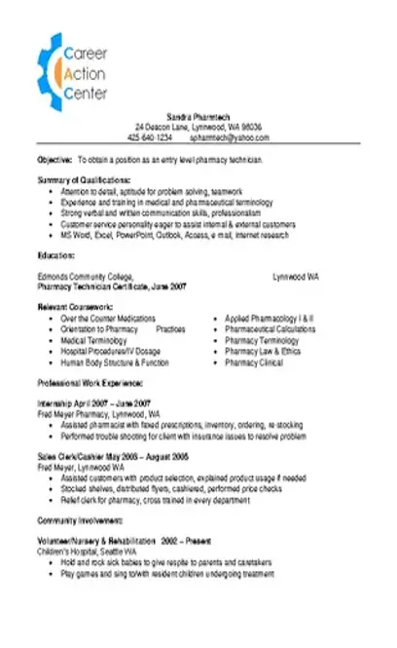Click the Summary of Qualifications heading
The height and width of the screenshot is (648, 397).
[x=83, y=181]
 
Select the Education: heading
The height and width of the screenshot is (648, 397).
[x=55, y=254]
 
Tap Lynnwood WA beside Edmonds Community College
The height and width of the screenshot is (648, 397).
[x=295, y=277]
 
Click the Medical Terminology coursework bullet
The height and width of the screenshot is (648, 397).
[x=98, y=340]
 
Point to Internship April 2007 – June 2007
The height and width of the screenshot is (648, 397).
[x=93, y=402]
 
